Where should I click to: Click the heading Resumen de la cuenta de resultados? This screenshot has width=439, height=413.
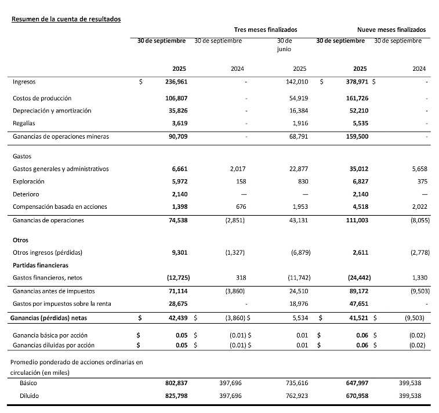click(x=66, y=19)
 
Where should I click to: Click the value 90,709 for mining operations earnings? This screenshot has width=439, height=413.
click(x=176, y=137)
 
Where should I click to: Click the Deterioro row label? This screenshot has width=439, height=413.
click(x=26, y=194)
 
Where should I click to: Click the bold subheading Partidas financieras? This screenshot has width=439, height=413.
click(x=40, y=265)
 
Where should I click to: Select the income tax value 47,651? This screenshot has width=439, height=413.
click(x=354, y=304)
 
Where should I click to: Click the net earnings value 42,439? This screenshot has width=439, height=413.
click(x=176, y=318)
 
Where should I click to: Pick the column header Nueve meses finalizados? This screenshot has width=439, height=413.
click(x=391, y=30)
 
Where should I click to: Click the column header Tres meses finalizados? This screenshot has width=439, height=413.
click(x=266, y=30)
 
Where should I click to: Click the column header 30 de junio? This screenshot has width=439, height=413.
click(x=284, y=45)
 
